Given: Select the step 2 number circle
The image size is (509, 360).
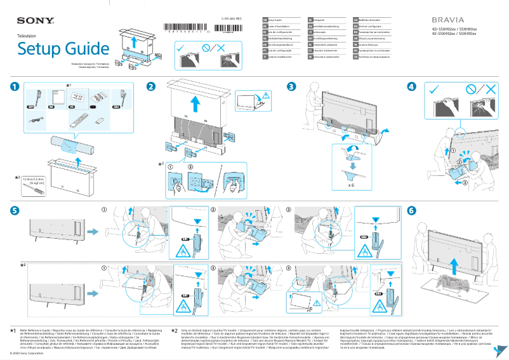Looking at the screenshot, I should tap(151, 86).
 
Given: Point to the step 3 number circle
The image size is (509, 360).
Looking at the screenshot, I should tap(291, 86).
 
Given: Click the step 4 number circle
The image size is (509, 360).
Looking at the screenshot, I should tap(412, 86).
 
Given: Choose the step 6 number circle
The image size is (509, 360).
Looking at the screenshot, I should tap(412, 210).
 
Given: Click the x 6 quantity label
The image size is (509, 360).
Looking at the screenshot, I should tap(351, 186).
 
